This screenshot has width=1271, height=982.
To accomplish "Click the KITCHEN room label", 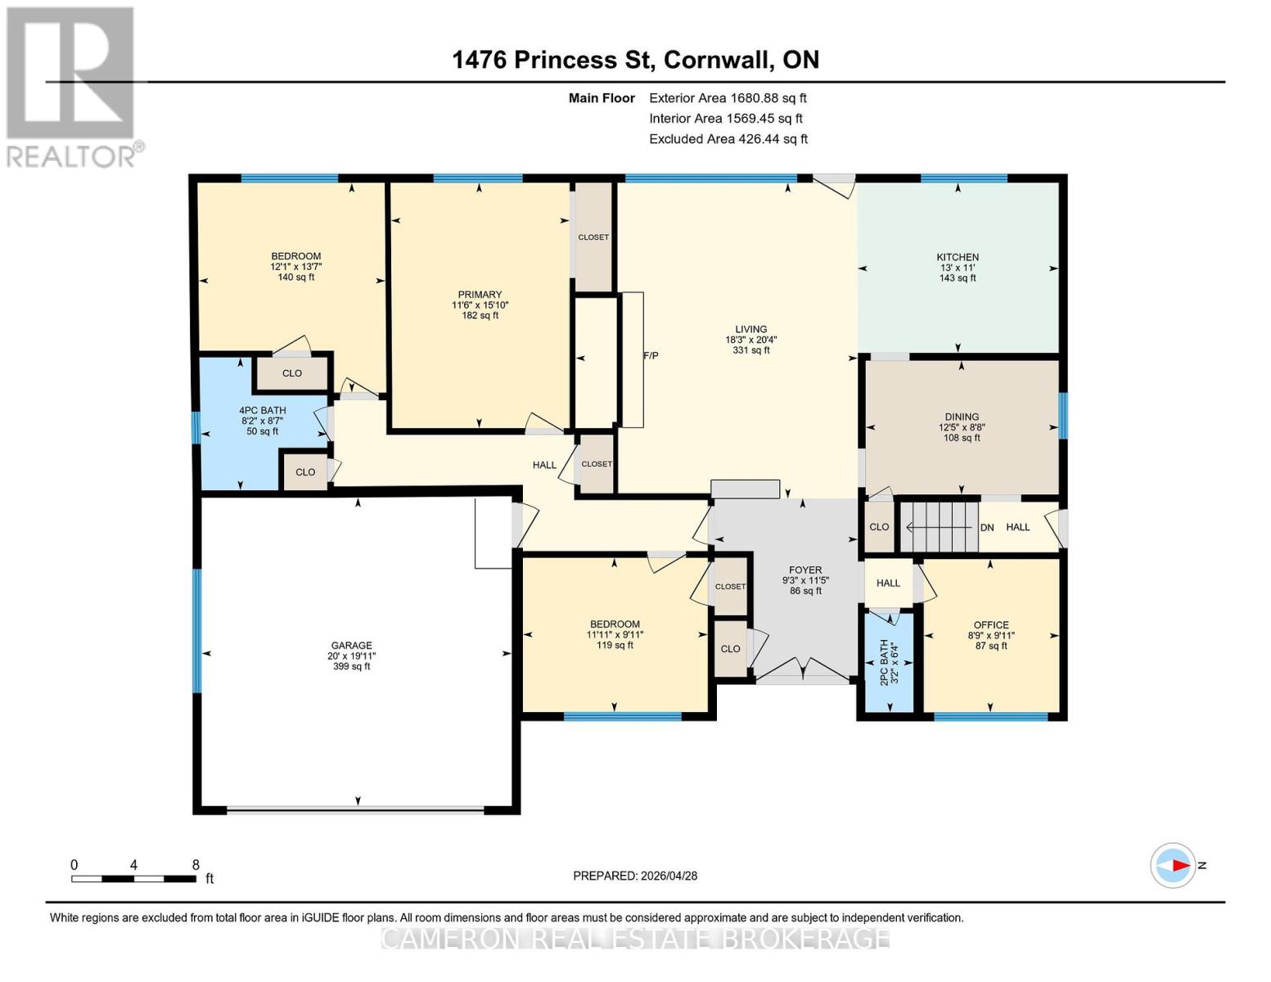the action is tap(958, 257).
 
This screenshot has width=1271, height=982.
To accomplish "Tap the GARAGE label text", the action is tap(351, 645).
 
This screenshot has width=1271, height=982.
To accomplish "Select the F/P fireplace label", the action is tap(651, 356).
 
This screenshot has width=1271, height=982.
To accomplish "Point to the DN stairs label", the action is tap(987, 527).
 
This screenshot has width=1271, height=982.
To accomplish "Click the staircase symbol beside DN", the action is tap(939, 527).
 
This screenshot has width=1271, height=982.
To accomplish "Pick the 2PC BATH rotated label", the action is tap(884, 662).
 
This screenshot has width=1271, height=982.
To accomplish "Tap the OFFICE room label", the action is tap(991, 624).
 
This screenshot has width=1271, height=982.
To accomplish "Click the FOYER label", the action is tap(805, 570).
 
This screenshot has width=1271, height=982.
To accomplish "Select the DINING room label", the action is tap(962, 417).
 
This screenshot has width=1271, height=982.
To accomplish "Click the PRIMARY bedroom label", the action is tap(480, 294).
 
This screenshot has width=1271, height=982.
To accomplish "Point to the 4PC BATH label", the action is tap(262, 410).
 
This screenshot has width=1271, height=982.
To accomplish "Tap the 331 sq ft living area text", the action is tap(751, 349).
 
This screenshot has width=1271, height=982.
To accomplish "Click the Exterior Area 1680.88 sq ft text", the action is tap(728, 98).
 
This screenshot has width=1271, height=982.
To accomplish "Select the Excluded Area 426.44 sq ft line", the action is tap(728, 139).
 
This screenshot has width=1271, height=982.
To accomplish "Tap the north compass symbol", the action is tap(1173, 865).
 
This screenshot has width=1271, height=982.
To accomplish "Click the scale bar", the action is tap(133, 878).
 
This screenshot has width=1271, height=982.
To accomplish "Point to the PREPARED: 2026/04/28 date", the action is tap(635, 876).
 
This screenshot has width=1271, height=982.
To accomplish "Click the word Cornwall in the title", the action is tap(716, 60).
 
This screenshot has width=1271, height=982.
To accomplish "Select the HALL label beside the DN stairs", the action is tap(1018, 527).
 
